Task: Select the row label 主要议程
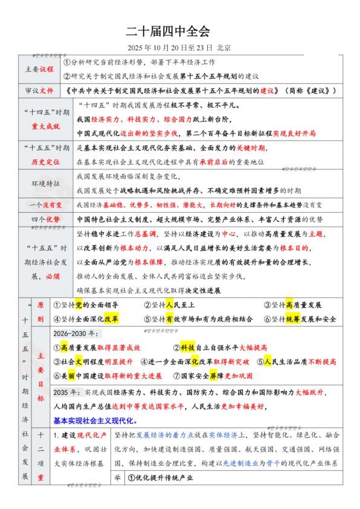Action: coord(39,70)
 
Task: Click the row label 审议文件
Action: coord(39,91)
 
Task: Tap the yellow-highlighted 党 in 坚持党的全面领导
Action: coord(79,305)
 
